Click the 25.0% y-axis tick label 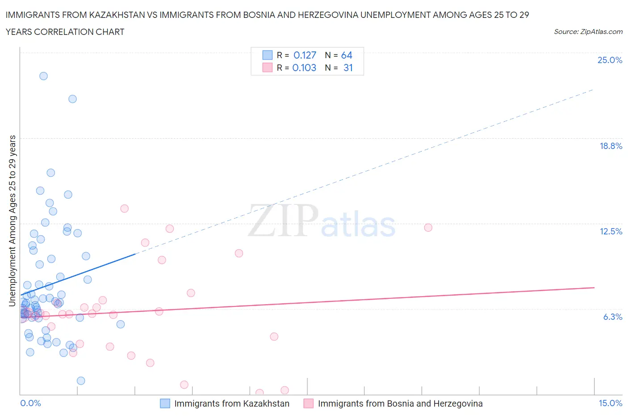click(x=610, y=60)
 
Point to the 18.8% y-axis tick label click(x=611, y=146)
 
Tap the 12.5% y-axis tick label click(x=611, y=231)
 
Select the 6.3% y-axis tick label click(x=612, y=317)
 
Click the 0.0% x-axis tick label click(x=30, y=403)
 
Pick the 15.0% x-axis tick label click(x=610, y=403)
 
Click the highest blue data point click(x=43, y=76)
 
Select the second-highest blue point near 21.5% click(x=72, y=99)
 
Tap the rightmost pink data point click(x=428, y=228)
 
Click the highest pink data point click(x=124, y=208)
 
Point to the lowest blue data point click(x=81, y=381)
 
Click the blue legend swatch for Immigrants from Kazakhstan click(x=165, y=403)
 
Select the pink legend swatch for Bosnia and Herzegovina click(x=308, y=403)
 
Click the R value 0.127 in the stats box click(x=305, y=55)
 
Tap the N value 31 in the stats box click(x=348, y=68)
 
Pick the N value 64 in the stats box click(x=347, y=55)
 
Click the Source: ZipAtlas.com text click(x=588, y=31)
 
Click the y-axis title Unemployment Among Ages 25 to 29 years click(x=12, y=221)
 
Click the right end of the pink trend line click(x=594, y=288)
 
